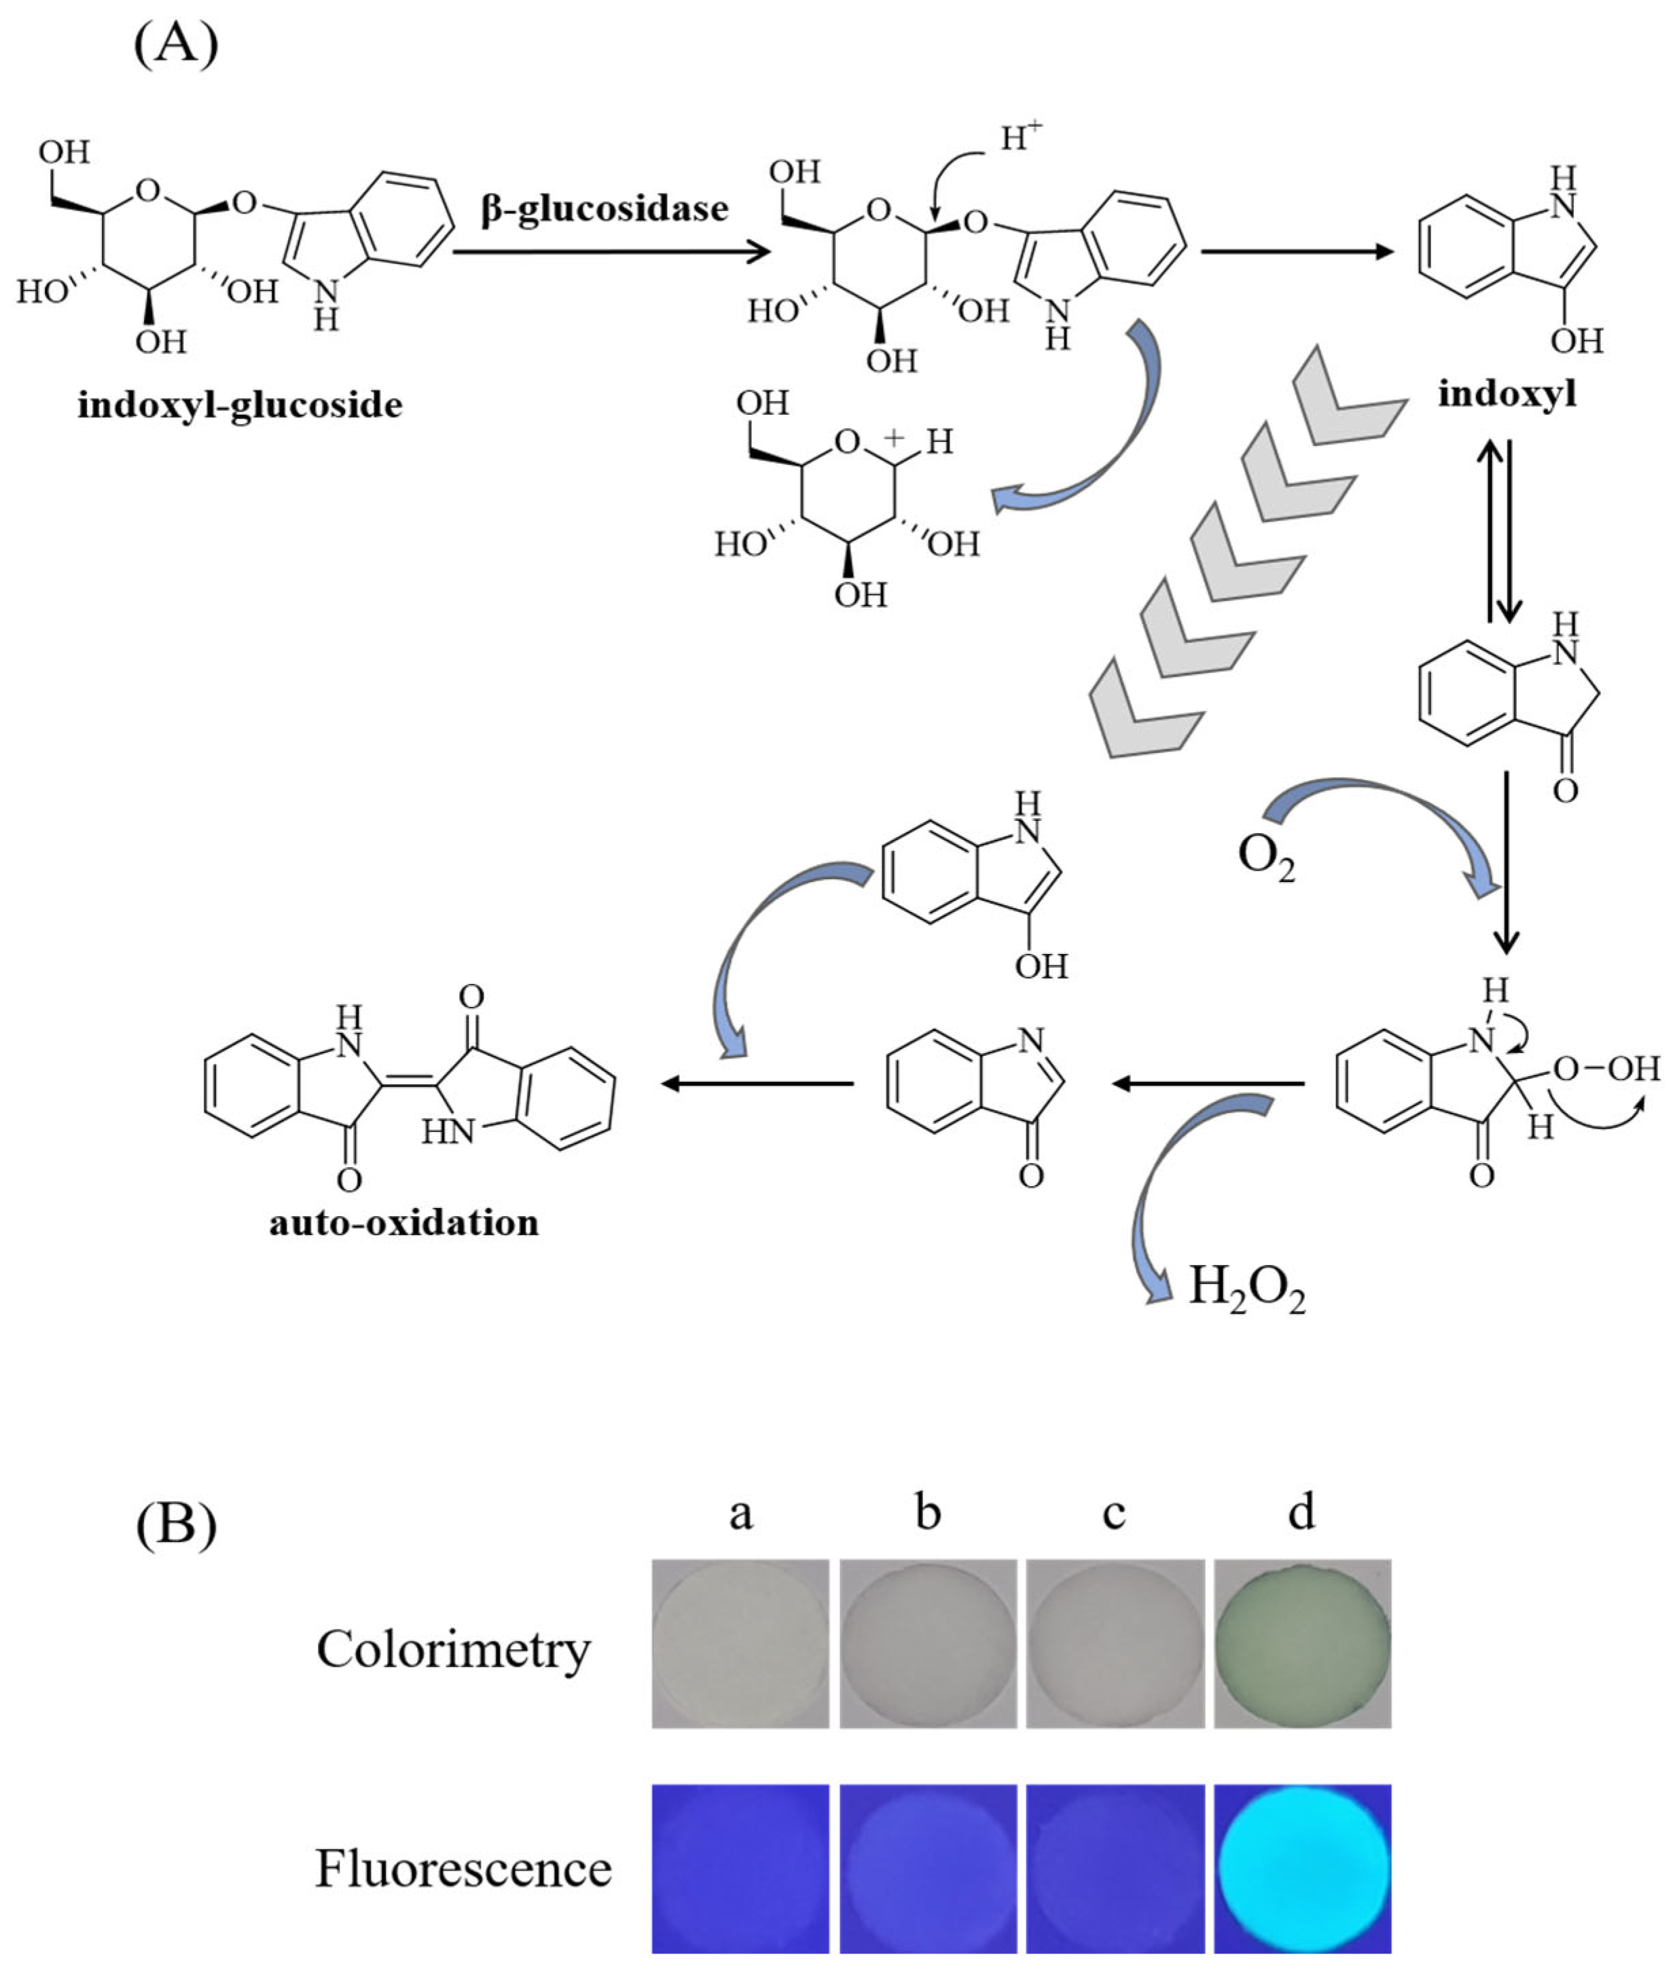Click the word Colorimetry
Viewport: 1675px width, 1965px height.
(452, 1649)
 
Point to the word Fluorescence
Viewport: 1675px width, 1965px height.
(463, 1869)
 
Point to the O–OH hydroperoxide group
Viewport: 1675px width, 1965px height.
(1606, 1069)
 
